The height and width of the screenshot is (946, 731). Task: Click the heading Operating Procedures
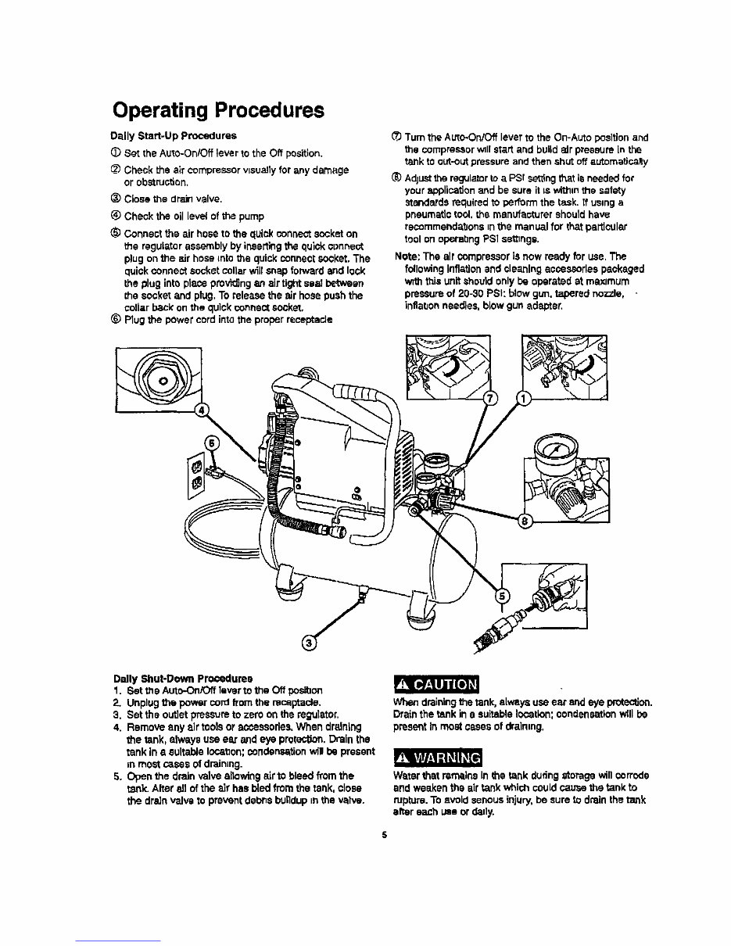(217, 110)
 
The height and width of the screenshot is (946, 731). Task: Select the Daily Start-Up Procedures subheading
(173, 136)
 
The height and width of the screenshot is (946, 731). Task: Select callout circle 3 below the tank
(309, 642)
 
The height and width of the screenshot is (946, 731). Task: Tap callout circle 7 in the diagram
(490, 399)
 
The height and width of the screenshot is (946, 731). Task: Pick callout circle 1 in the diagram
(524, 399)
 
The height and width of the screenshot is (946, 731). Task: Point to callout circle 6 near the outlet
(210, 443)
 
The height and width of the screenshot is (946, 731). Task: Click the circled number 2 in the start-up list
(116, 170)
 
